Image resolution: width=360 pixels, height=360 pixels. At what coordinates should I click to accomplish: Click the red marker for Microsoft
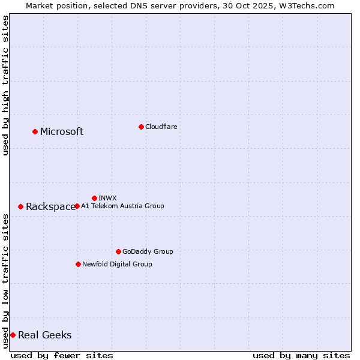coord(35,131)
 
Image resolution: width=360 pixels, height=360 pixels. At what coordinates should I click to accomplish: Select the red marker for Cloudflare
coord(141,127)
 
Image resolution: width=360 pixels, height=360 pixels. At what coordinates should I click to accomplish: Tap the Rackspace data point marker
coord(20,206)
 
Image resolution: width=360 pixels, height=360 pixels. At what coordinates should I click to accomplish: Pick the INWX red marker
coord(94,198)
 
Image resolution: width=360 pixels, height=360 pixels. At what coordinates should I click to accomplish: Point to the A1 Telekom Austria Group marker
coord(77,206)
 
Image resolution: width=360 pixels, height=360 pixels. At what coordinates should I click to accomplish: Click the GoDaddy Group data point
coord(118,251)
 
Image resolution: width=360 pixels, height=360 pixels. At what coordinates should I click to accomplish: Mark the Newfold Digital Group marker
coord(78,264)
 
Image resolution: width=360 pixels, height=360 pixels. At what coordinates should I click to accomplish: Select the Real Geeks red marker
coord(13,335)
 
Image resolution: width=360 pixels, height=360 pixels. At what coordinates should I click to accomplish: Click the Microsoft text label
coord(62,132)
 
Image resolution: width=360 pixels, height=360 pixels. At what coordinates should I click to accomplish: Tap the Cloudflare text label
coord(161,127)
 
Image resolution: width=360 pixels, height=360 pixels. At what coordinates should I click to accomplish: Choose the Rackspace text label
coord(50,207)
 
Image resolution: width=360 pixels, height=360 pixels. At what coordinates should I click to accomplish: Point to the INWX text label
coord(107,198)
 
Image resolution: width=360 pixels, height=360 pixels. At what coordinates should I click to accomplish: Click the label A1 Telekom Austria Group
coord(122,206)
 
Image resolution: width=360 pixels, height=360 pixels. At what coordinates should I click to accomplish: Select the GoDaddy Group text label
coord(148,251)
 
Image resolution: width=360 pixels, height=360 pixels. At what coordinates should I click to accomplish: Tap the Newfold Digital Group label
coord(117,264)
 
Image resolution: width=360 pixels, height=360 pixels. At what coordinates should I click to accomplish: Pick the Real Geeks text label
coord(44,335)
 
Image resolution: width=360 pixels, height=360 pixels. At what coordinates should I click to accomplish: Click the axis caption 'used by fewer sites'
coord(62,355)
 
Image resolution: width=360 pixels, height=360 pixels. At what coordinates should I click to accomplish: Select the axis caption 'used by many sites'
coord(301,355)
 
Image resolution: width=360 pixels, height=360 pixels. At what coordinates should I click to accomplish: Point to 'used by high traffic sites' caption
coord(5,85)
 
